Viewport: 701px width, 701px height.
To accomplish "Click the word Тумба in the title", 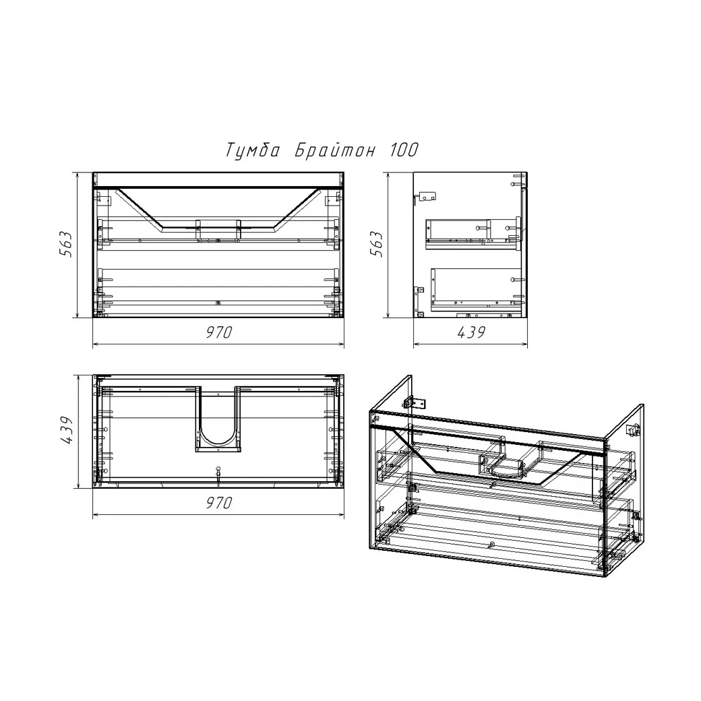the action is (x=252, y=150).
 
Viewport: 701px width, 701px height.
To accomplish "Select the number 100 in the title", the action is (x=404, y=150).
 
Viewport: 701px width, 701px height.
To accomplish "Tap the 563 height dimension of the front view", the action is (x=66, y=244).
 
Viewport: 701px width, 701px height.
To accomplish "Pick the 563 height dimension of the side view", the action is (x=376, y=244).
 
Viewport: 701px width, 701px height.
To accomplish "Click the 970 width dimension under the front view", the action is (x=219, y=332).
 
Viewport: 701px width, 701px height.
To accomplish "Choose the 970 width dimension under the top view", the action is (x=219, y=503).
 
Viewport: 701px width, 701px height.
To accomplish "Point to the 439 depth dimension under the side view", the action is (x=471, y=332).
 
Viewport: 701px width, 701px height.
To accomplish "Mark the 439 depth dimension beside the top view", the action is (x=67, y=431).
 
